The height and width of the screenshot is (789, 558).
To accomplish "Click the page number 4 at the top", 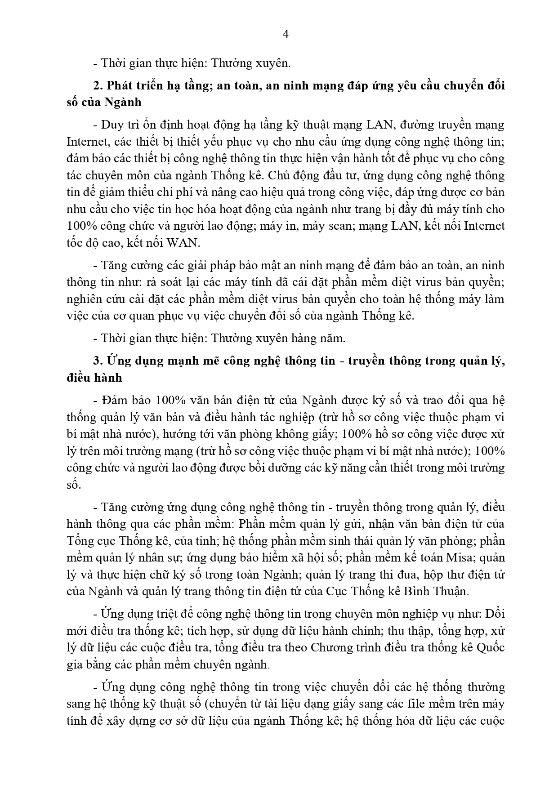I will pos(286,35).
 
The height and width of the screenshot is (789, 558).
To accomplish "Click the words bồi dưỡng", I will pos(275,468).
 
